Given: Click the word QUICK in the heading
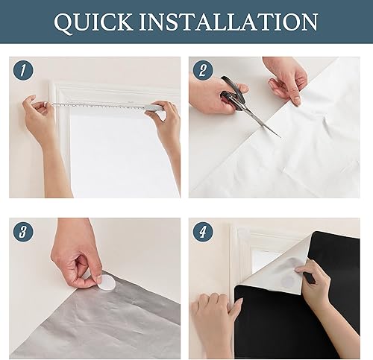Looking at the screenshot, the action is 93,22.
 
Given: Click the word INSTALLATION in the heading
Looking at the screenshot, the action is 228,22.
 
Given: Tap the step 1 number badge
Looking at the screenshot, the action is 23,70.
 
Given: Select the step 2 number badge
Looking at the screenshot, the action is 203,70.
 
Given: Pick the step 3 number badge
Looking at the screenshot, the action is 23,232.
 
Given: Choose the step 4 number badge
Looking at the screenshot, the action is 203,232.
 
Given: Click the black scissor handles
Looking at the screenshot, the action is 233,93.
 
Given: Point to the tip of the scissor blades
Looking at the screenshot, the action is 280,137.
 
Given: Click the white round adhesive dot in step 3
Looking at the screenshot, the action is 107,283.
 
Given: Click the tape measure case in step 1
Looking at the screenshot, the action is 154,107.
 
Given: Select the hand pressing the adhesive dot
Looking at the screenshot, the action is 75,256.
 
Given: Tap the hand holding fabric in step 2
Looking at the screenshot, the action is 286,80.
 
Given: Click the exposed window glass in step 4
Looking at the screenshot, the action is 266,261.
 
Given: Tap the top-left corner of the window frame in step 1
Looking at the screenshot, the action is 51,84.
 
